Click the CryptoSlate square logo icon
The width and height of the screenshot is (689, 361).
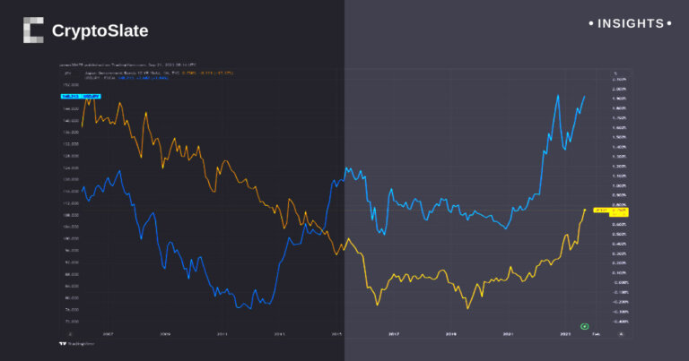[33, 30]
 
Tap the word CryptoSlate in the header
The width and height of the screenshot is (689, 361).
[100, 31]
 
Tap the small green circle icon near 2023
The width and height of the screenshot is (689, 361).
[584, 326]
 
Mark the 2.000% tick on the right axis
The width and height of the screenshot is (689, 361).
[618, 90]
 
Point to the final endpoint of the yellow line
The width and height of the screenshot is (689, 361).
[585, 210]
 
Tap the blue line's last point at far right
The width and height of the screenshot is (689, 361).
[586, 95]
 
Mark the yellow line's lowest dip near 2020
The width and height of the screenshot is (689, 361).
[467, 309]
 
